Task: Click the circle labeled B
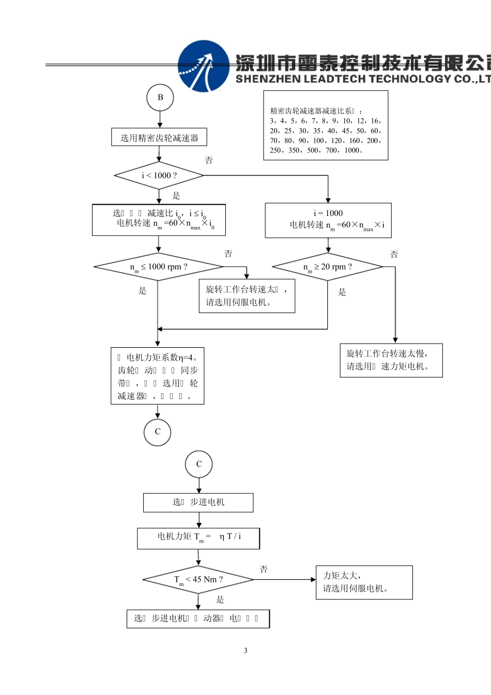point(160,97)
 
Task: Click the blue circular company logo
point(203,66)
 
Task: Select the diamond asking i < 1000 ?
point(159,176)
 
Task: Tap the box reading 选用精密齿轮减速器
point(159,137)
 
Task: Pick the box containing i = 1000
point(328,220)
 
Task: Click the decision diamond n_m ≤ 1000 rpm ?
point(158,267)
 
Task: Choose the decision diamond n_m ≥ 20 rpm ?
point(328,267)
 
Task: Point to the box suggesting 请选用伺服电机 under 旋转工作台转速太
point(247,296)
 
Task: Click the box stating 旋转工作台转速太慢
point(391,360)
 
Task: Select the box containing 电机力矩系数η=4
point(158,376)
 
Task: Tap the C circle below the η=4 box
point(158,431)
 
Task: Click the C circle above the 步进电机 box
point(199,464)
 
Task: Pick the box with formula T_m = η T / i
point(198,538)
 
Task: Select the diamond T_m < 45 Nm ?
point(198,579)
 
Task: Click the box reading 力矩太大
point(364,582)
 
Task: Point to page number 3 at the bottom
point(245,651)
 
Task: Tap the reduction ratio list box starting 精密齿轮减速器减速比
point(326,126)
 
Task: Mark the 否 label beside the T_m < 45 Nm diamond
point(264,569)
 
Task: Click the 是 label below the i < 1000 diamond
point(176,195)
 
